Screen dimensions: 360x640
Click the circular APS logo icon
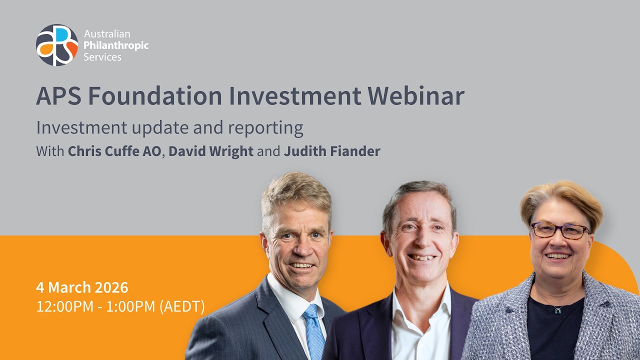[x=57, y=45]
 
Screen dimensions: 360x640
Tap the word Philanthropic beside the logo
[x=116, y=45]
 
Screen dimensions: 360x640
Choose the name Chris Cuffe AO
[x=114, y=151]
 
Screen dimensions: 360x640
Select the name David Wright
[x=211, y=151]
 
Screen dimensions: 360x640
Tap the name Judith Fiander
[x=332, y=151]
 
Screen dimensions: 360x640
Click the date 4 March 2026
[x=82, y=287]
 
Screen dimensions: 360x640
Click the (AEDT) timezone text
[x=182, y=306]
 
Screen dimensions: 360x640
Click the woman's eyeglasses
[x=560, y=230]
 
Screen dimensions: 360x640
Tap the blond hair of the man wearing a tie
[x=295, y=192]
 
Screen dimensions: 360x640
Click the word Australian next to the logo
[x=107, y=34]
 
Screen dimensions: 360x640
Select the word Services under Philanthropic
[x=102, y=57]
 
